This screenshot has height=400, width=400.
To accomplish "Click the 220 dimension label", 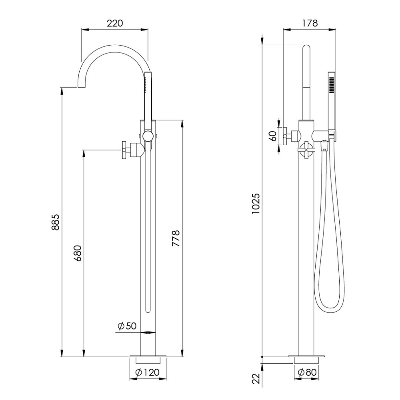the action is point(115,23).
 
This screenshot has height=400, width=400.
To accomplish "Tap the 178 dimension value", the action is point(310,23).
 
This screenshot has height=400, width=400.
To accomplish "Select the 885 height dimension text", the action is point(56,222).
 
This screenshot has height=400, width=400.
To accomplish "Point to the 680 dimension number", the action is point(78,253).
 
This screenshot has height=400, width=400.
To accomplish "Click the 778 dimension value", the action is point(176,238).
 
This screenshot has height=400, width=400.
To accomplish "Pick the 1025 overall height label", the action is point(256,204).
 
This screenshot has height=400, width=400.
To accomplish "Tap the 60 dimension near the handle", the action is point(273,136).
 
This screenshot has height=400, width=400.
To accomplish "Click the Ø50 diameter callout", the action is point(127,326).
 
